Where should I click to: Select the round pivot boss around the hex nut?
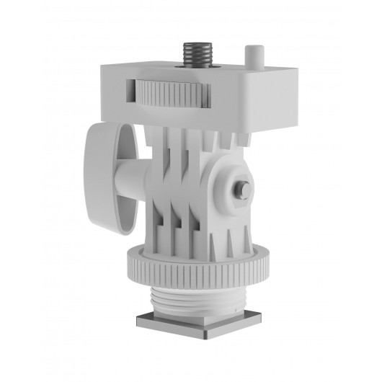pyautogui.click(x=232, y=189)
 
